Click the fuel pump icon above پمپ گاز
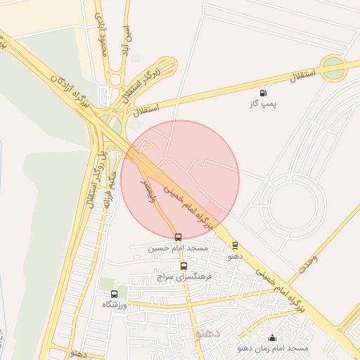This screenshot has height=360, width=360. point(264,92)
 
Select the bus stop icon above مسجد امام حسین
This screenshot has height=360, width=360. point(178,238)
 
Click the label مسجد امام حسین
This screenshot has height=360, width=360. point(178,249)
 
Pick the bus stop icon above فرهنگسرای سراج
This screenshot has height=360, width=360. point(184,266)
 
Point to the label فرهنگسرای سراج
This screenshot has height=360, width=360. point(184,277)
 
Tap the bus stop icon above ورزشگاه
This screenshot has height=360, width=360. point(114,293)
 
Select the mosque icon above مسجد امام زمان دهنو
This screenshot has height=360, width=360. point(272,338)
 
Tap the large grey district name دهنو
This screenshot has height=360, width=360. point(209,333)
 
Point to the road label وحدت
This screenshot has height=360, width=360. point(307,262)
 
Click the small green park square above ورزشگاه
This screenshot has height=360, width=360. point(106,283)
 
